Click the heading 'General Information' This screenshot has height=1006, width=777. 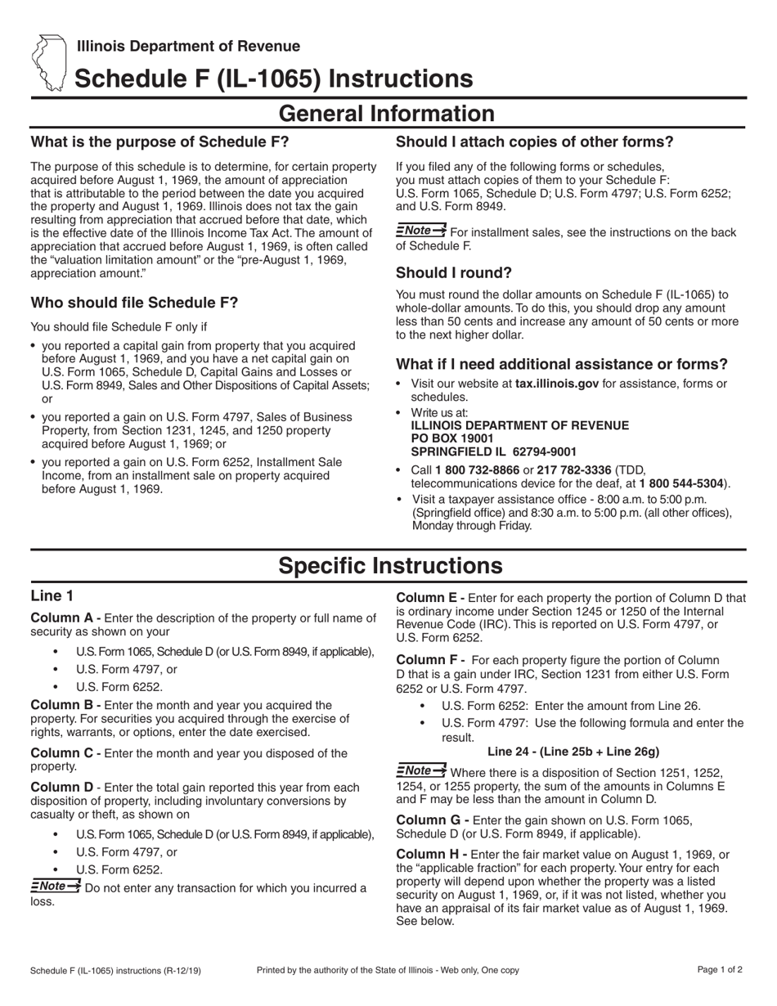(x=388, y=114)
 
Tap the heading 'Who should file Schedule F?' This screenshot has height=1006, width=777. (x=134, y=303)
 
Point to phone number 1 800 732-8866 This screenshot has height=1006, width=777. (x=477, y=470)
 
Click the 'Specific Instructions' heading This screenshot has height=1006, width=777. (x=390, y=566)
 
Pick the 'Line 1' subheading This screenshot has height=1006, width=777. (x=52, y=596)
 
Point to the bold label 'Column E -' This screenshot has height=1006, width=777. (x=432, y=598)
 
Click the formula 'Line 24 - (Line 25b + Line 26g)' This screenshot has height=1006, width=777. (x=573, y=752)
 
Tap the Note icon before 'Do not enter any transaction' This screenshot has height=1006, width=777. (x=55, y=887)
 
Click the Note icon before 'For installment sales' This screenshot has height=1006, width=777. (x=420, y=231)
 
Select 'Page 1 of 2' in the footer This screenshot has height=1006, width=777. (x=720, y=971)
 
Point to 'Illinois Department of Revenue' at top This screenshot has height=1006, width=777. (x=189, y=47)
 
